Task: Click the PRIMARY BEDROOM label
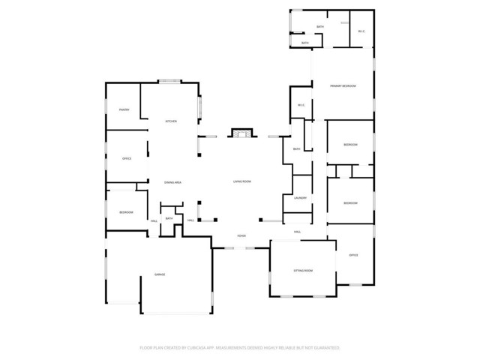343,86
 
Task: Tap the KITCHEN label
171,121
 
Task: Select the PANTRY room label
124,110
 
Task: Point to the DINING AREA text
173,182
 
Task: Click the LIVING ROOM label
241,181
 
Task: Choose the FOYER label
241,235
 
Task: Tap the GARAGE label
160,275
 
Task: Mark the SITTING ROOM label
303,270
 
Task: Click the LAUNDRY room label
301,198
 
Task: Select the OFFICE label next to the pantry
127,158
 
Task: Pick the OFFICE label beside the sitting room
353,255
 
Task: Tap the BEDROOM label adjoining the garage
126,213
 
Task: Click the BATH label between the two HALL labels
169,218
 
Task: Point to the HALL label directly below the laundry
298,232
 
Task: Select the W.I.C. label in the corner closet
361,31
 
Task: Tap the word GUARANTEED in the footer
326,348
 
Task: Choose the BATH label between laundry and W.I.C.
297,149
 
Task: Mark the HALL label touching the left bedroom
154,221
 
